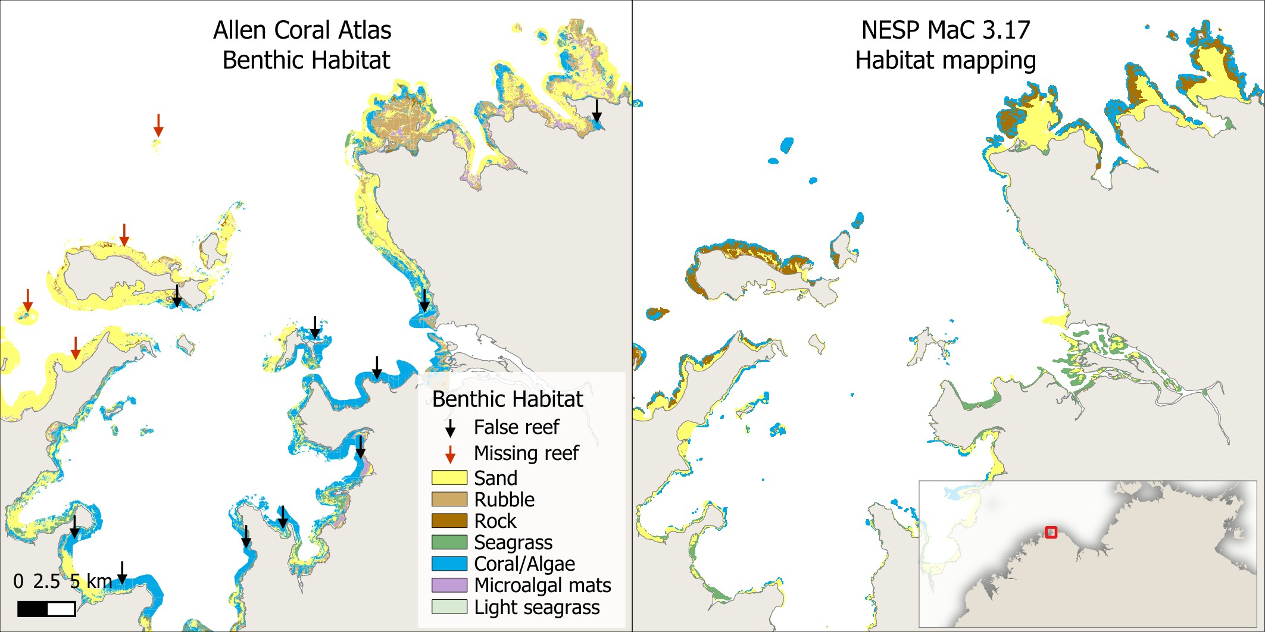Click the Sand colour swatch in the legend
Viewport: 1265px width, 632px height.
tap(449, 478)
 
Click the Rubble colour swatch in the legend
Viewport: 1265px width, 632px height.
tap(449, 499)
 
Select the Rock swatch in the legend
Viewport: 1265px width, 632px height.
tap(449, 521)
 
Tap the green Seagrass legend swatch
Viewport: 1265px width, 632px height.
tap(449, 542)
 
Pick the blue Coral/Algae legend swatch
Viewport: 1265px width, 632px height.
tap(449, 564)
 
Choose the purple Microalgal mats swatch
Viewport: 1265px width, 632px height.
tap(449, 585)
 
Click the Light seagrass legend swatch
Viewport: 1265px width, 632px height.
tap(449, 606)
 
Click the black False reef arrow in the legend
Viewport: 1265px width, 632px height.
tap(451, 428)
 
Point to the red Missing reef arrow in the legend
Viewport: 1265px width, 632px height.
tap(451, 454)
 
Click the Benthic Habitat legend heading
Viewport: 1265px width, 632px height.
tap(507, 399)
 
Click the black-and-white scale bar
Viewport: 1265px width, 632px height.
tap(46, 609)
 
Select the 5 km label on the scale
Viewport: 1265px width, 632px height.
tap(90, 581)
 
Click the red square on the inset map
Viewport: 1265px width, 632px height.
tap(1051, 532)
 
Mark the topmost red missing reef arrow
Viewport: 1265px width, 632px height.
tap(158, 125)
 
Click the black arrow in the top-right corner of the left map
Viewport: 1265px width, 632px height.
tap(596, 110)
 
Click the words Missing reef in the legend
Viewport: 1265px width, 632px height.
tap(526, 453)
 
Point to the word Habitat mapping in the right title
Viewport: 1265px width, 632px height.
tap(945, 61)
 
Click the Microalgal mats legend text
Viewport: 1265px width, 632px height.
tap(542, 586)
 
